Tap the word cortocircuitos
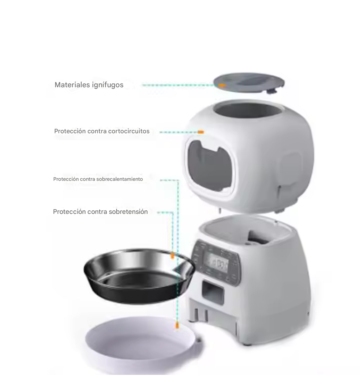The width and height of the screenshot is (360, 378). [x=129, y=131]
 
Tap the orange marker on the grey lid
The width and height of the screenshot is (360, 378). [x=222, y=85]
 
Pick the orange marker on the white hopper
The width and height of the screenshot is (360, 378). [x=201, y=132]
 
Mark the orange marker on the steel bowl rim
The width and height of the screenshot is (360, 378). [x=172, y=256]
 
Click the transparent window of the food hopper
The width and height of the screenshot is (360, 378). [x=210, y=167]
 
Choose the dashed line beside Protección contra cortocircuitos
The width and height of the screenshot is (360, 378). [x=178, y=132]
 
